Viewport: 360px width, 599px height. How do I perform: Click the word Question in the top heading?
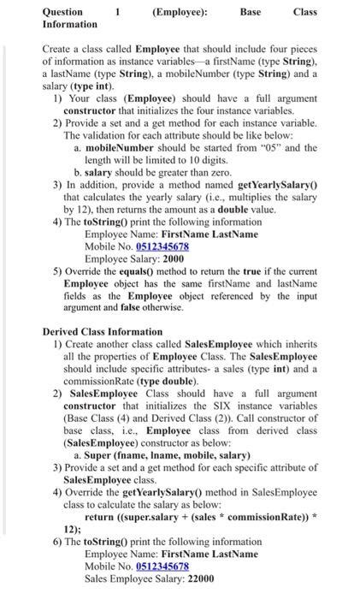(x=62, y=12)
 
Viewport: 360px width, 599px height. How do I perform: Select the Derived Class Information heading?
(x=102, y=331)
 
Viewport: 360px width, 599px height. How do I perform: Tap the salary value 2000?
(x=172, y=259)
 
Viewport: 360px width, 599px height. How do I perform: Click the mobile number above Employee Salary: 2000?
(x=162, y=246)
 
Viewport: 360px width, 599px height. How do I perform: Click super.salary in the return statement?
(x=155, y=517)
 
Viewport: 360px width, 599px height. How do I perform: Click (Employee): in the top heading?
(x=180, y=12)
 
